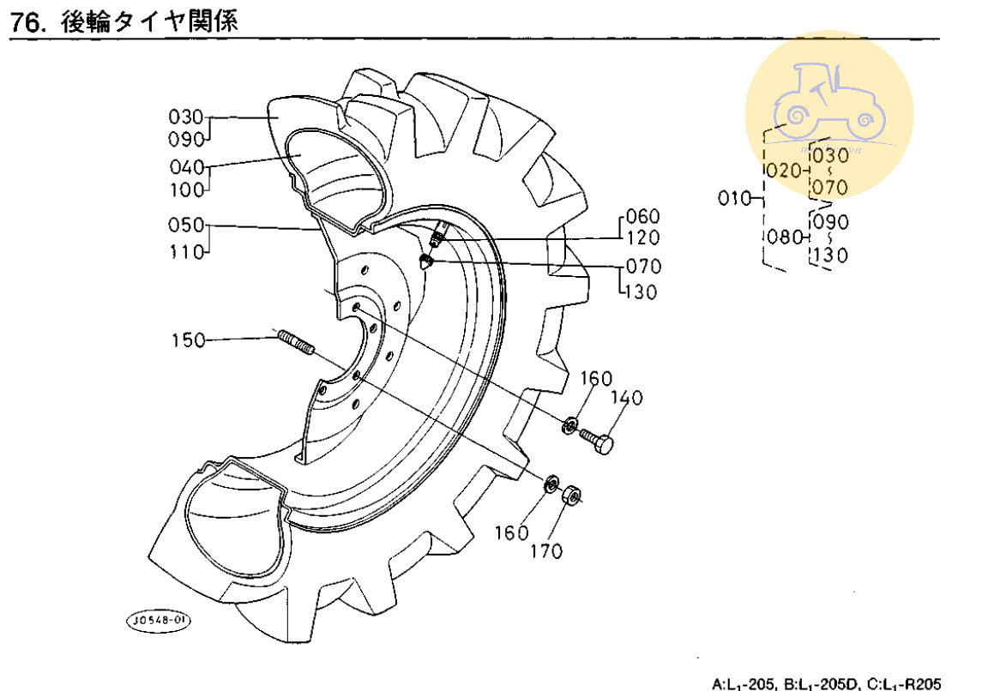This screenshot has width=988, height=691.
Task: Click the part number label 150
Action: [x=188, y=340]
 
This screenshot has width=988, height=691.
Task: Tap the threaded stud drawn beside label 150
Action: [x=297, y=341]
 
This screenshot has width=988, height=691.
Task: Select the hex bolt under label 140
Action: [x=601, y=443]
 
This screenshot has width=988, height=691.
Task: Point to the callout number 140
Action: [x=626, y=399]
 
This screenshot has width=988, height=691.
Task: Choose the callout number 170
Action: [x=546, y=551]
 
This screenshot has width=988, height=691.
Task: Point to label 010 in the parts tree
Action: [x=733, y=200]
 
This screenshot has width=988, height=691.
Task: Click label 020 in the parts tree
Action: [x=781, y=171]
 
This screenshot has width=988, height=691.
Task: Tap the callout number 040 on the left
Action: [x=188, y=166]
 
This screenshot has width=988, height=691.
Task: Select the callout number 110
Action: [x=188, y=253]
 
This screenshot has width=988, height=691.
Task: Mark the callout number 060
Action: [x=642, y=215]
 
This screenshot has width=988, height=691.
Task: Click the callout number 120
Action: [x=642, y=237]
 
